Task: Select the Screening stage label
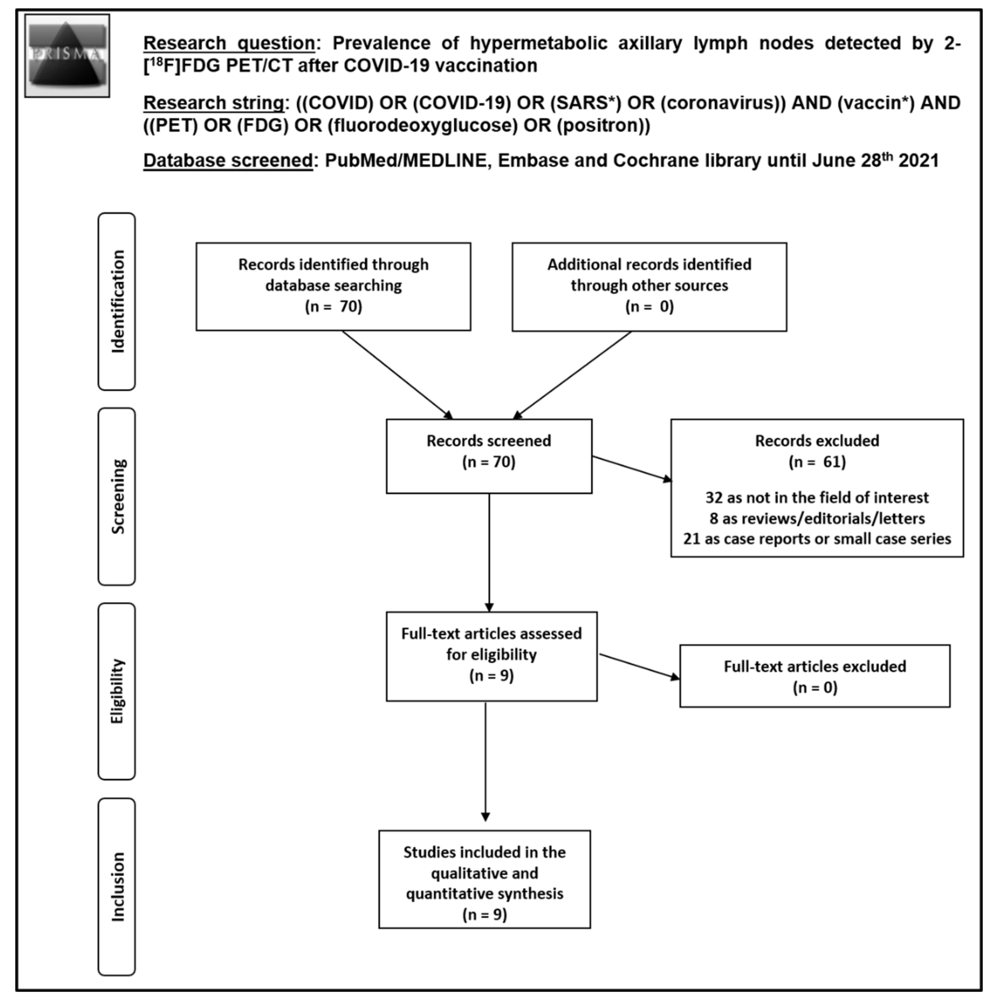click(117, 496)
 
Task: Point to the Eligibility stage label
click(117, 691)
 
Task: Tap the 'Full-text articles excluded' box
click(815, 676)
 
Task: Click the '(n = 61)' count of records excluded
click(817, 462)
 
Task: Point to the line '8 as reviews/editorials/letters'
click(817, 518)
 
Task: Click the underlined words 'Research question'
click(229, 43)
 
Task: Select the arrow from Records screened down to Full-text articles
click(489, 552)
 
